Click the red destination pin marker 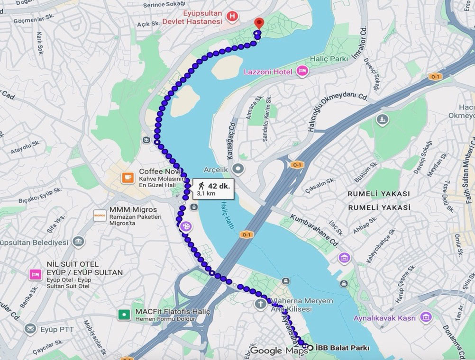tap(259, 23)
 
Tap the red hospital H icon tap(232, 17)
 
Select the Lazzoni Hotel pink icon tap(301, 71)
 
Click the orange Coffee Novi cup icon tap(128, 178)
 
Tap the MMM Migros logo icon tap(100, 214)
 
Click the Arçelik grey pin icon tap(239, 169)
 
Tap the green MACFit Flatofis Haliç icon tap(124, 314)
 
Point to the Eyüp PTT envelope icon tap(30, 328)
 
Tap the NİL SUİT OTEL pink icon tap(35, 274)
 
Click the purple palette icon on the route tap(186, 226)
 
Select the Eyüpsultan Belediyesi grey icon tap(78, 242)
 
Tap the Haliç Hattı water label tap(227, 215)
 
